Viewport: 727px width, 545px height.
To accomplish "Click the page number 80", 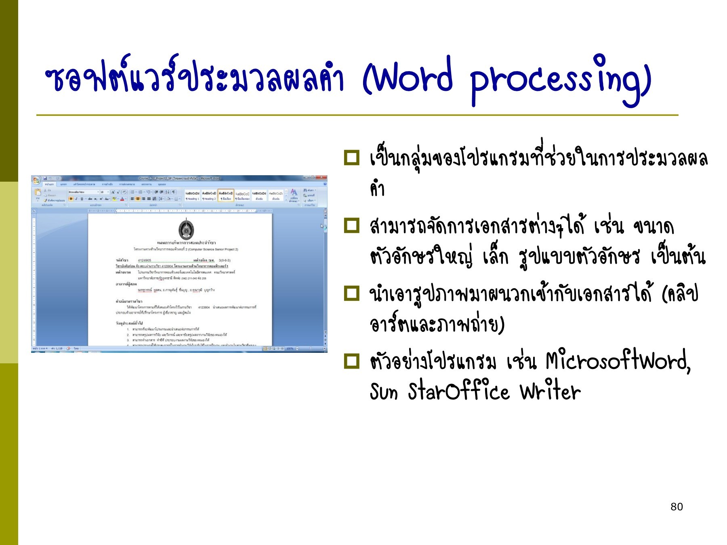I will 677,507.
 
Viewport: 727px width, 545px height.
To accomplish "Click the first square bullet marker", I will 351,158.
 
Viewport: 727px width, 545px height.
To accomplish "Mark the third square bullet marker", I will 351,293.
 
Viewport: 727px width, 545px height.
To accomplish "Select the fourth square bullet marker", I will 351,361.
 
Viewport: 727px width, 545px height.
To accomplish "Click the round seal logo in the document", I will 186,229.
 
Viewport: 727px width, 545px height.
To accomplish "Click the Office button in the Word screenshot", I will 36,180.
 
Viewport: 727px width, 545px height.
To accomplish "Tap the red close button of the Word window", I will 322,178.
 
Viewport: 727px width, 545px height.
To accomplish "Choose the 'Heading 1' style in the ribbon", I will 192,195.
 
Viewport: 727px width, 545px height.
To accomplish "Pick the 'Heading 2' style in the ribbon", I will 209,195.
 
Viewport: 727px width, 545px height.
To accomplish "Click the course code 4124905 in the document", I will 144,260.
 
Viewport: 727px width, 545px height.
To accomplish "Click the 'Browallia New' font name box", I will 82,192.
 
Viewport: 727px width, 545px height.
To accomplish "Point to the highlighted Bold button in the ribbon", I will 71,199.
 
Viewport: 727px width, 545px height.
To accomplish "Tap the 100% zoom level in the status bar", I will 290,348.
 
